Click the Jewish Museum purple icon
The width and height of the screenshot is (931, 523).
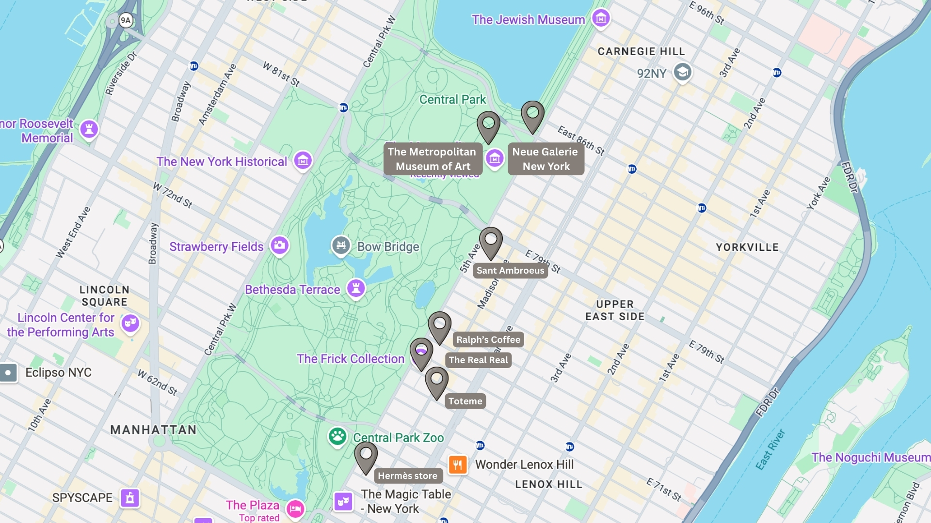click(601, 18)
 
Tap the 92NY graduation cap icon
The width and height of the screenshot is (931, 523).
click(682, 73)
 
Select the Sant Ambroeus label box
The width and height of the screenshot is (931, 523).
click(510, 271)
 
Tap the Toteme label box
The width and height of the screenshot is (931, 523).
click(465, 401)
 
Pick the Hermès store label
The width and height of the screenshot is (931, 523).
click(408, 476)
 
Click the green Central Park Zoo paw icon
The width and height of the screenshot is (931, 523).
click(337, 436)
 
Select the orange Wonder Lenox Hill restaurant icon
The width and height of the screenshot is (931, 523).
click(458, 464)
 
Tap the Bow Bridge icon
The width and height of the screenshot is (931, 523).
click(341, 245)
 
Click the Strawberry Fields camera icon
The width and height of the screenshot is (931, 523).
click(279, 245)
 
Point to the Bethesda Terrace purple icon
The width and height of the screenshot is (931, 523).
click(356, 288)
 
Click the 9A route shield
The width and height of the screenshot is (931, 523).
click(126, 20)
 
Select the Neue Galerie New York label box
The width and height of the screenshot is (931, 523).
click(546, 159)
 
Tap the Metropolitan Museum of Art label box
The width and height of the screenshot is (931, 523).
click(433, 159)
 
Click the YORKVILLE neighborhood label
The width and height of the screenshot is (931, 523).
click(747, 247)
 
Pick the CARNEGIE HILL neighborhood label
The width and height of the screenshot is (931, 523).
click(641, 51)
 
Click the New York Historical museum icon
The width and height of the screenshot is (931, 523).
click(303, 160)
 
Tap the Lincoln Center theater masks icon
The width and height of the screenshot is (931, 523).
click(130, 323)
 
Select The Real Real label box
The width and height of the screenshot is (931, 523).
click(478, 360)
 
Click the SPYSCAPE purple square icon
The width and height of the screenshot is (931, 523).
click(130, 498)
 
